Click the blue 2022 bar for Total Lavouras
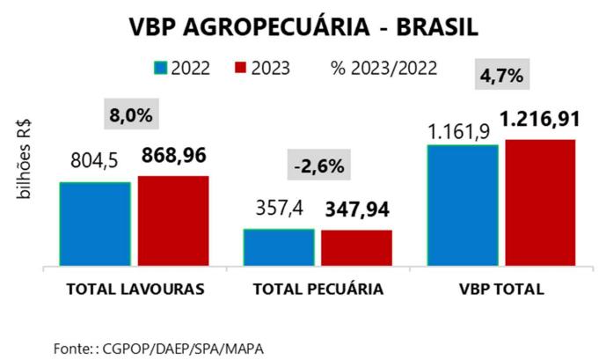click(x=95, y=224)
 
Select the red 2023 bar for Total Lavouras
click(x=173, y=220)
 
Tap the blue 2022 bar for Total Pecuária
click(x=279, y=246)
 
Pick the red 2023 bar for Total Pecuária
click(x=356, y=247)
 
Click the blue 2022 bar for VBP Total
click(x=463, y=204)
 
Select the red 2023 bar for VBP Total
click(x=540, y=202)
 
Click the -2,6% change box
click(x=319, y=165)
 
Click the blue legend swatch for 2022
click(x=160, y=68)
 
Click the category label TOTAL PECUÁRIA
click(x=318, y=289)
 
